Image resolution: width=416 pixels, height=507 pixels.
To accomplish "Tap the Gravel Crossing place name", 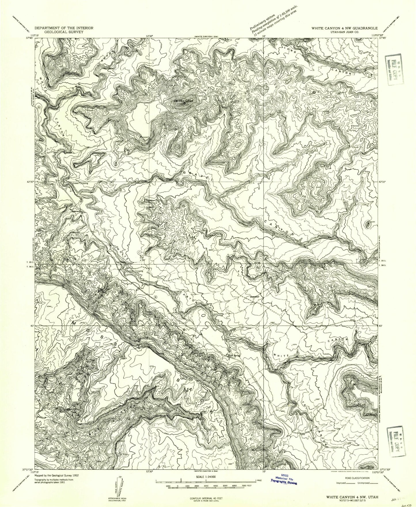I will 80,183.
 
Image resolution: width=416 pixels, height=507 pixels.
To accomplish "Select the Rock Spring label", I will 234,356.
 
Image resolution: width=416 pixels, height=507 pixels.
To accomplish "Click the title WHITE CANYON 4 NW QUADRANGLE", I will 344,28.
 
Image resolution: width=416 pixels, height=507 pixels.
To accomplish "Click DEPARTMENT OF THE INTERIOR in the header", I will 64,28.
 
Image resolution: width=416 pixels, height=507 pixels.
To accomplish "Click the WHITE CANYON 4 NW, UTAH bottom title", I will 352,497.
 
